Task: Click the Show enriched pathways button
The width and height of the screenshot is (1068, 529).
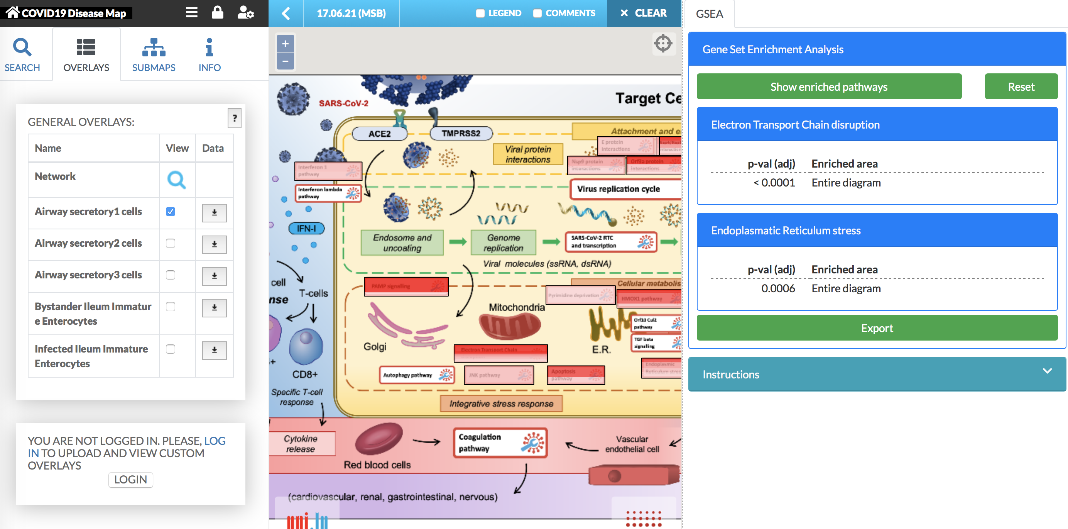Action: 828,87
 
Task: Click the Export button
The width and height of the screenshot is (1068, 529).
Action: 877,328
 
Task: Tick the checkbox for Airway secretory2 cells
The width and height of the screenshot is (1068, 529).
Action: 171,243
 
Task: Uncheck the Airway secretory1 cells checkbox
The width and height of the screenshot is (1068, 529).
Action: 171,212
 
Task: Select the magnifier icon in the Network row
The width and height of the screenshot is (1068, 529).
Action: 176,180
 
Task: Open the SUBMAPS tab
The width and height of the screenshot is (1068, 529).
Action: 154,54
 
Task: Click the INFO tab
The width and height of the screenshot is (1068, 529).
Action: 210,54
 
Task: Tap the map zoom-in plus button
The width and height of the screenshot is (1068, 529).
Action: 285,44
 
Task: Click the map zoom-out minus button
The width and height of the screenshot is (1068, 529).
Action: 285,61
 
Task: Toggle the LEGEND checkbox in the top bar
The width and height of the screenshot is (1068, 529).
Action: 480,13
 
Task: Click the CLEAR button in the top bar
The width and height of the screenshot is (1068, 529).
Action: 644,13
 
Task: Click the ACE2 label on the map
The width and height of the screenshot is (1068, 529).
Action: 379,134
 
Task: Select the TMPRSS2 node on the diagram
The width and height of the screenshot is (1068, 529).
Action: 461,133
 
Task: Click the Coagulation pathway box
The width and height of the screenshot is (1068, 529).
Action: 500,443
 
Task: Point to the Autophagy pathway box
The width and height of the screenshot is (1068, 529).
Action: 416,375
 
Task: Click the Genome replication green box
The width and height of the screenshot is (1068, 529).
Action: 503,243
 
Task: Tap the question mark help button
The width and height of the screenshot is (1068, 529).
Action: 234,118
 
